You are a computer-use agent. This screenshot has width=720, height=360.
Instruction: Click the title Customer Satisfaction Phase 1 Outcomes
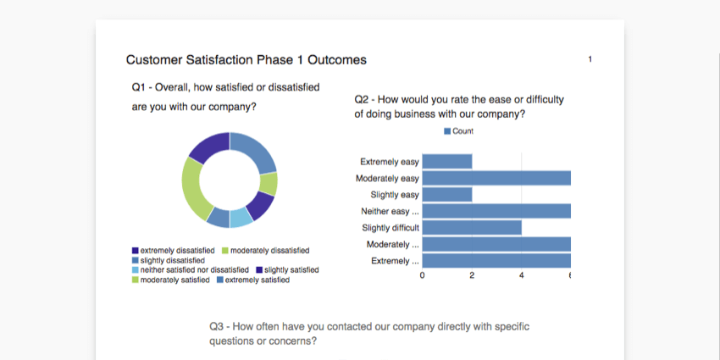pyautogui.click(x=246, y=60)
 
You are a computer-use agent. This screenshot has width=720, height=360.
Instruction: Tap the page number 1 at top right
pyautogui.click(x=590, y=59)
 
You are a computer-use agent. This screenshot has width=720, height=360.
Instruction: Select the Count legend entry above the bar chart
pyautogui.click(x=458, y=131)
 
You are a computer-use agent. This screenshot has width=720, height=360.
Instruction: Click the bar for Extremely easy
pyautogui.click(x=446, y=162)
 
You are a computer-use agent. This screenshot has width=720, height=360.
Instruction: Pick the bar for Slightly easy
pyautogui.click(x=446, y=195)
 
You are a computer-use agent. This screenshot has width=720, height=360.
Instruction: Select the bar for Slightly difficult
pyautogui.click(x=471, y=228)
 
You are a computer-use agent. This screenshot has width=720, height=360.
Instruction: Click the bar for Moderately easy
pyautogui.click(x=496, y=178)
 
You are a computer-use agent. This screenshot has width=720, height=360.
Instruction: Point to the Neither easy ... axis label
pyautogui.click(x=390, y=212)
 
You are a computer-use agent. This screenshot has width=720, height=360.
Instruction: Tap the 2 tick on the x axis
pyautogui.click(x=472, y=275)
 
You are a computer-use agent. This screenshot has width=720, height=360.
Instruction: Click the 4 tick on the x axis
pyautogui.click(x=522, y=275)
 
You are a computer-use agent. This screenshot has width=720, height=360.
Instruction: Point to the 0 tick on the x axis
pyautogui.click(x=423, y=275)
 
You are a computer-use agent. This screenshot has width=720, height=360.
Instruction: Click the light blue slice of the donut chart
pyautogui.click(x=241, y=218)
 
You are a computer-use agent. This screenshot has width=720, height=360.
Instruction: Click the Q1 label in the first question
pyautogui.click(x=141, y=87)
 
